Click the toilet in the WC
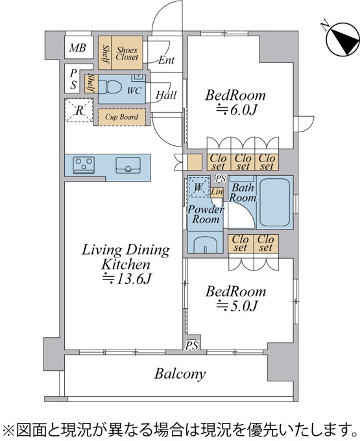[110, 87]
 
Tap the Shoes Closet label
[127, 53]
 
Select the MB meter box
[78, 47]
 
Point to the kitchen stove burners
[84, 165]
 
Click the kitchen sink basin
[128, 165]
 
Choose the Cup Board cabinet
[121, 117]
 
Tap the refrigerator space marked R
[79, 110]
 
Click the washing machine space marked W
[199, 187]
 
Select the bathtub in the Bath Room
[275, 202]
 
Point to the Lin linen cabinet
[217, 192]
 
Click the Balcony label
[180, 374]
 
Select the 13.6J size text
[127, 279]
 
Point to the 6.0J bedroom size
[236, 110]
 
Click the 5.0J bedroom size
[236, 305]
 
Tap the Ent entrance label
[166, 60]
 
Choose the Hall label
[166, 95]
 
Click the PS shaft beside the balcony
[192, 345]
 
